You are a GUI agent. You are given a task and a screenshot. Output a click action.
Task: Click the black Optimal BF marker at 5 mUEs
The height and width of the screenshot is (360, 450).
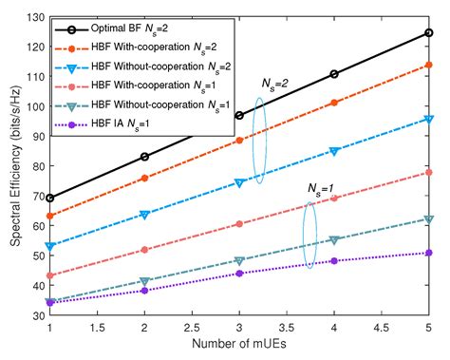point(428,33)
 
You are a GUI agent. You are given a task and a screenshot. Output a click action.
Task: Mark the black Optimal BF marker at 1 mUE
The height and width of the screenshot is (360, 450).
point(49,199)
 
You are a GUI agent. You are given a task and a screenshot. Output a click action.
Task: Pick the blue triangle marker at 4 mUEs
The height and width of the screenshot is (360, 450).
point(333,151)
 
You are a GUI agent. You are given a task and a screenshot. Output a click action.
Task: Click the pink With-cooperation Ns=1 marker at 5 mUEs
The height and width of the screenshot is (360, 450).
point(428,172)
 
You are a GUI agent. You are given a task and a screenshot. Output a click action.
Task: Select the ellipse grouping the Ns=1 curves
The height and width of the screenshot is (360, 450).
point(309,228)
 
